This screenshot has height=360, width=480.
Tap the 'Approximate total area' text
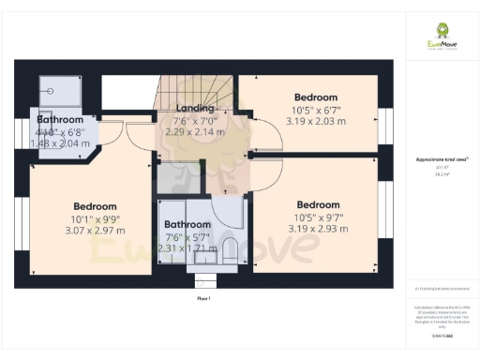442,160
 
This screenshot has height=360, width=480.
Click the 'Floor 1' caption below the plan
203,298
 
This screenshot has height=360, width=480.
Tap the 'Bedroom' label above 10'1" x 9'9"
95,206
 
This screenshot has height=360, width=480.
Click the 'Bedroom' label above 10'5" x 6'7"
316,97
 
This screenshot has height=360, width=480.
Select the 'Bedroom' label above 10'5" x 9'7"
318,205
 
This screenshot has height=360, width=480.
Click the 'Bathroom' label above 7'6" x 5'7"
188,225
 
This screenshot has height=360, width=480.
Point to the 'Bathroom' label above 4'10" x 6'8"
60,120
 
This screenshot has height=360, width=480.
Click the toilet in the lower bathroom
229,249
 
